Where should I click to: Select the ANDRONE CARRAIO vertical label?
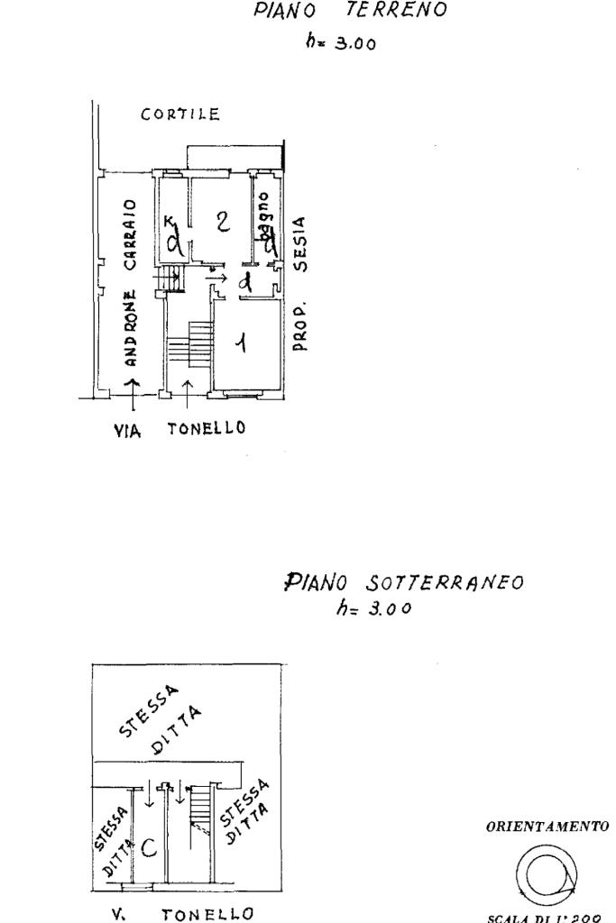(x=130, y=281)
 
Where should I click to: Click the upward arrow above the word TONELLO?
(x=186, y=388)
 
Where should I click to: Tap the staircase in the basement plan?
(x=203, y=806)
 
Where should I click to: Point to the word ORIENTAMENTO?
(x=560, y=826)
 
